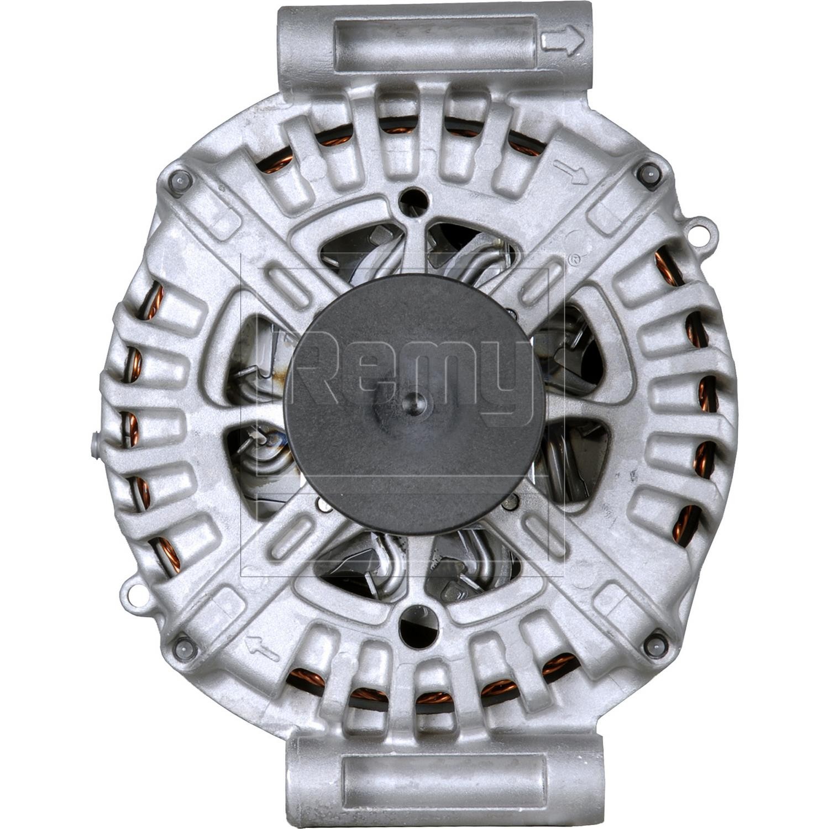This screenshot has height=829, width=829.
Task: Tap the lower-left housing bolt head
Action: click(184, 646)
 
